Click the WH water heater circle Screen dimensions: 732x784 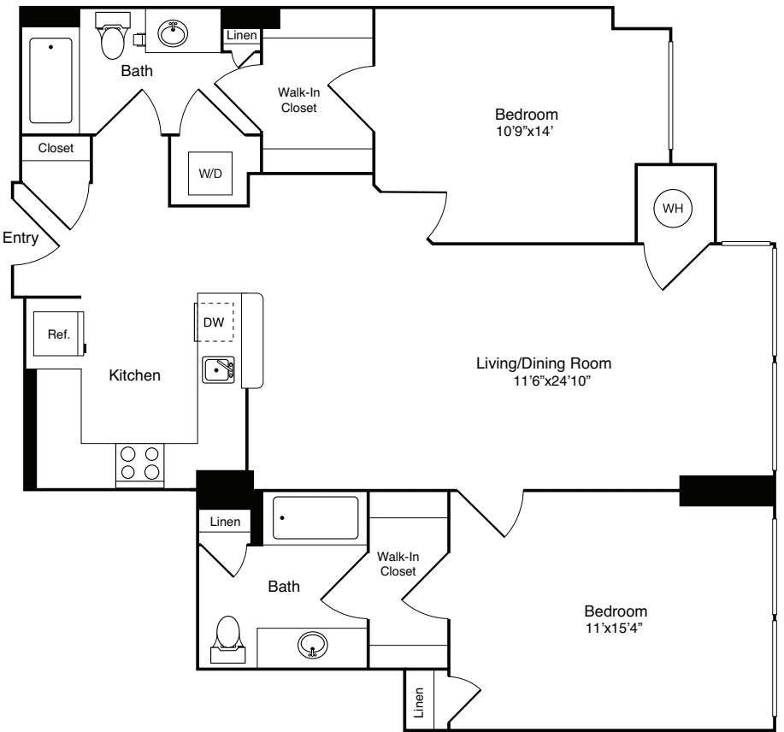673,207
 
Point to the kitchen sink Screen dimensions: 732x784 220,370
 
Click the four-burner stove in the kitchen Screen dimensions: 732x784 140,463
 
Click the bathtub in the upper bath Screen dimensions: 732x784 51,80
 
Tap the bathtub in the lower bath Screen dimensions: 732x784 315,517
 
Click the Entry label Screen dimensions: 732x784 20,239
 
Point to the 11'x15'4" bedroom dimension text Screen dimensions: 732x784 615,629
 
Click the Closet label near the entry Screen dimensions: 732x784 56,148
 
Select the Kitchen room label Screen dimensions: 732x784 134,375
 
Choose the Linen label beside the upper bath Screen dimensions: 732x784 240,35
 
